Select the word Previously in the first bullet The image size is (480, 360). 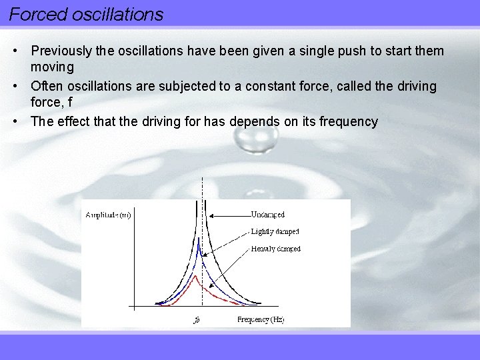point(61,51)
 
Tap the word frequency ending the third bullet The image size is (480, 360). point(348,121)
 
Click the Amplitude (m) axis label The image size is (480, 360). point(108,215)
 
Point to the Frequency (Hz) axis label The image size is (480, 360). point(261,319)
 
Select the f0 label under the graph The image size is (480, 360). point(197,320)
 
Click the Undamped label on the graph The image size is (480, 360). point(267,215)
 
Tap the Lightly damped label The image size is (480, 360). point(275,231)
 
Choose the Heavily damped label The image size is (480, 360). point(275,249)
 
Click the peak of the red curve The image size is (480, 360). point(195,275)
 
